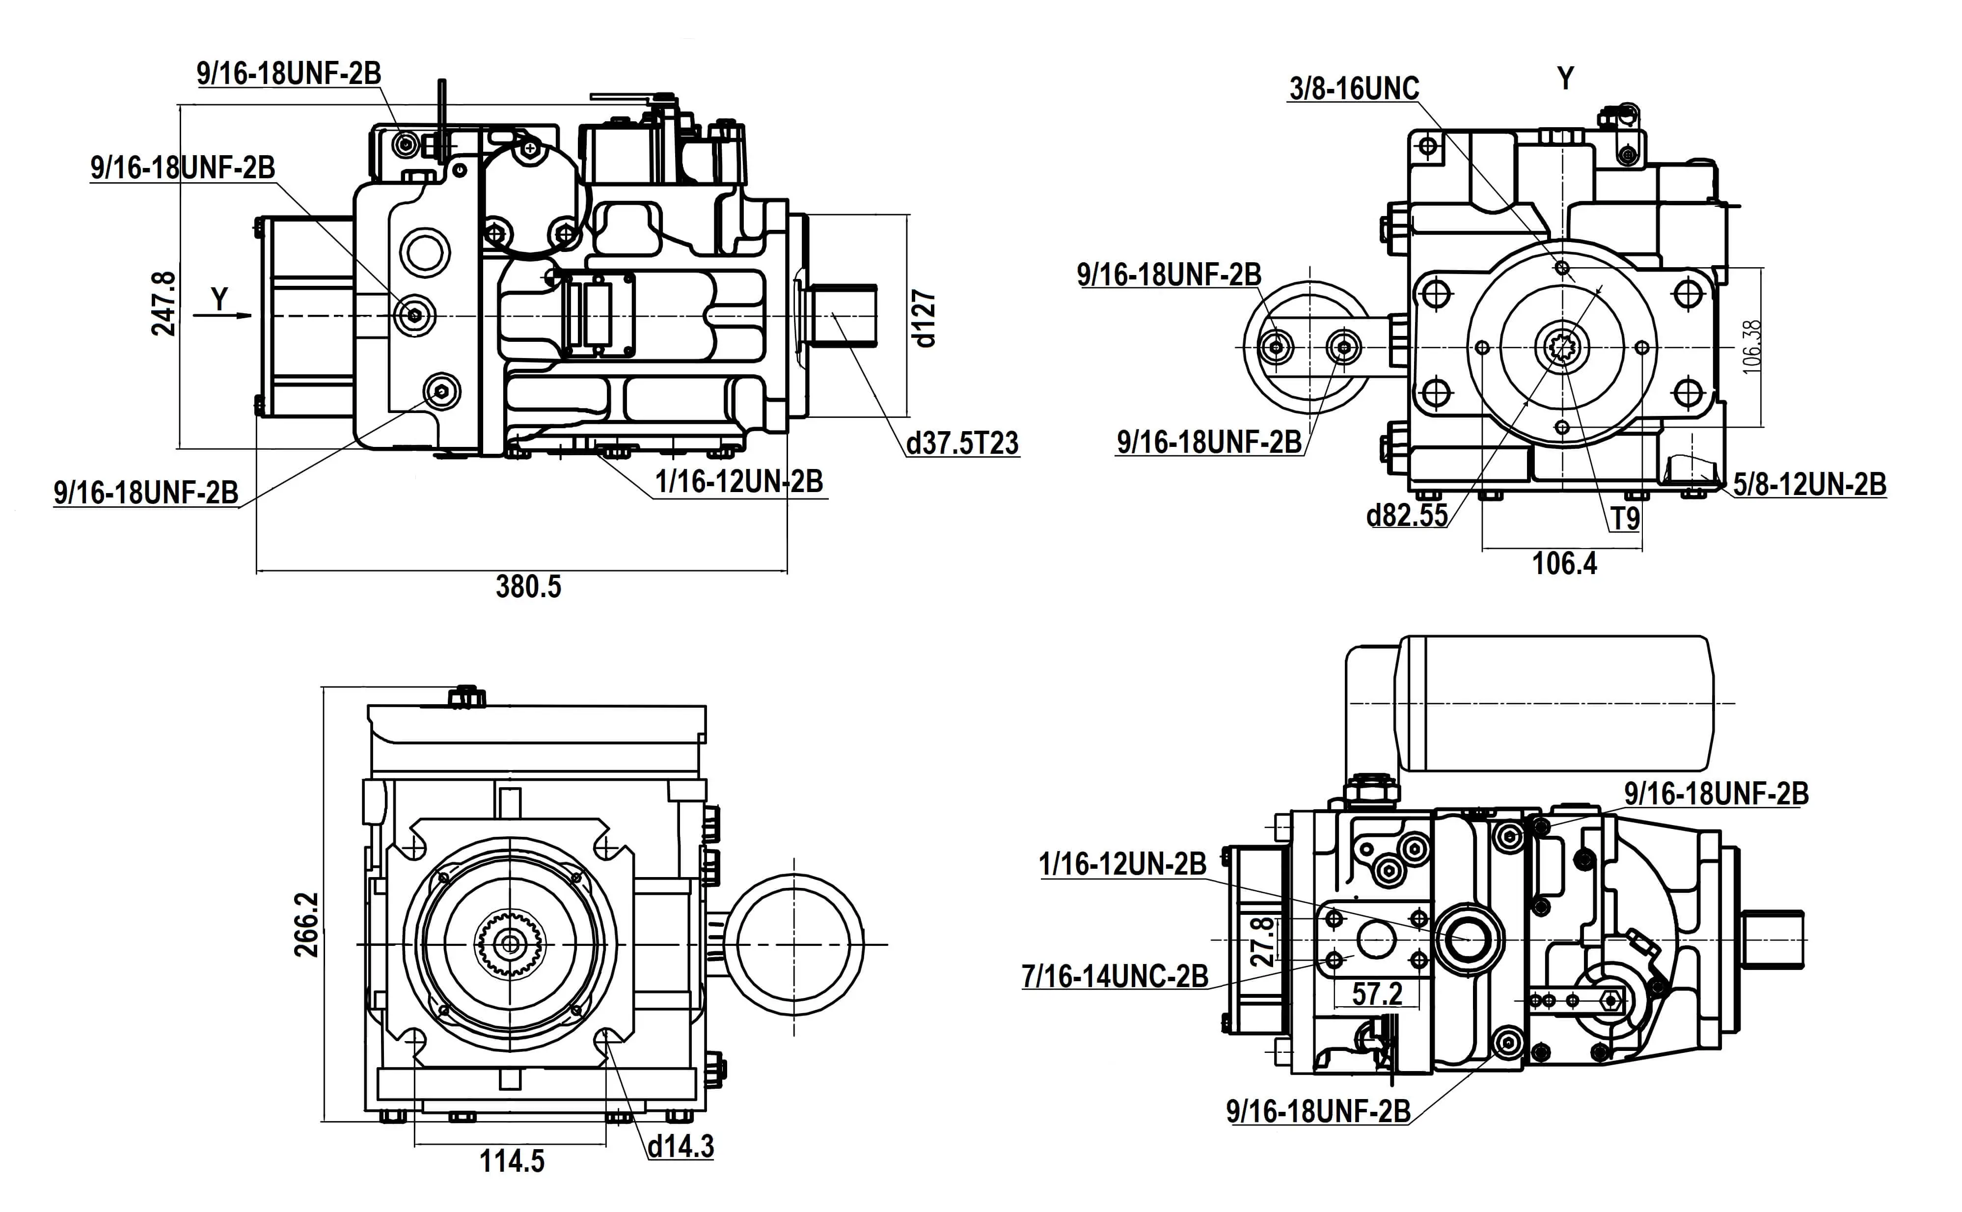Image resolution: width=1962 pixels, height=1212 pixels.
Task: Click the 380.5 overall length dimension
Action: pos(528,587)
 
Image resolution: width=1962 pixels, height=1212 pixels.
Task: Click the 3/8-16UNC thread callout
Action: pos(1354,89)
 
